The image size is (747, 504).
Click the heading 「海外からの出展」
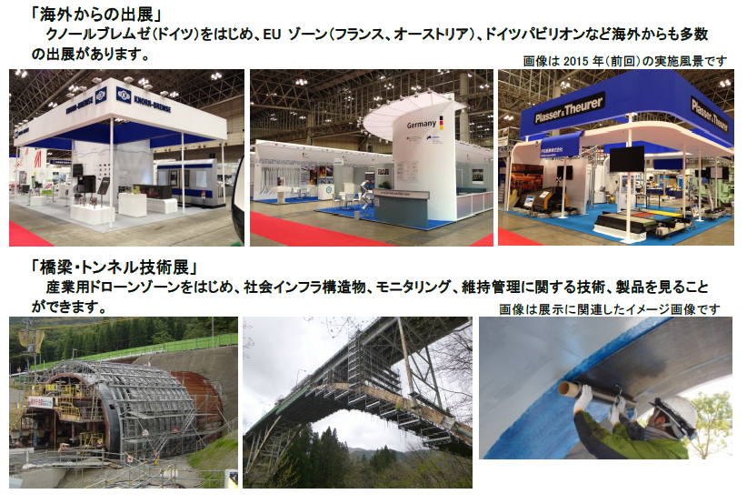[97, 14]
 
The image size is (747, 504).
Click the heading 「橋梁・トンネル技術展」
[114, 267]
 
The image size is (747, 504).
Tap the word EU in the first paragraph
[272, 35]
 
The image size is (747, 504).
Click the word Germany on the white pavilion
[421, 125]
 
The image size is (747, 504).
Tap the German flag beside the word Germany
[441, 123]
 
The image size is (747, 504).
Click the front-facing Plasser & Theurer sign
[569, 111]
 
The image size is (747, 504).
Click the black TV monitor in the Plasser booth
[626, 159]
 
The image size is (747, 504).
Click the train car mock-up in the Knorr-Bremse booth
[191, 181]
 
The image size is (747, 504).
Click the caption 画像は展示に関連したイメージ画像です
[609, 309]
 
